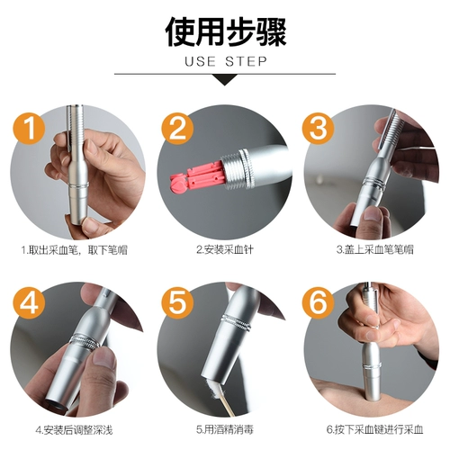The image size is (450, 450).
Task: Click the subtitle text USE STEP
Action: [x=225, y=63]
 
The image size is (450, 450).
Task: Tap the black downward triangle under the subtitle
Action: [x=225, y=80]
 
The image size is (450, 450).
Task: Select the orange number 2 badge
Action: [x=178, y=128]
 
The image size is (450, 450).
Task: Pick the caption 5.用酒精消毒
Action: [x=224, y=428]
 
